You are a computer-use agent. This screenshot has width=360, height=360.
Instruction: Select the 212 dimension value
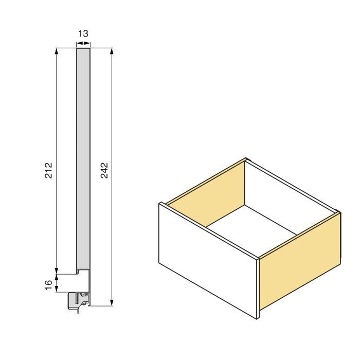tap(48, 170)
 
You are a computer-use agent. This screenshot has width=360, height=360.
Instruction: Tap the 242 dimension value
tap(104, 170)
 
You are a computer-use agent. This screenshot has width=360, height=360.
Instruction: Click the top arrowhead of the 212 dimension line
tap(56, 51)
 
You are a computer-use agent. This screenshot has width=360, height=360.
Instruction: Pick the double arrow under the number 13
tap(83, 43)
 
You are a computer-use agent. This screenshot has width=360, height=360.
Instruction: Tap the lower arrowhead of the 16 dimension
tap(56, 289)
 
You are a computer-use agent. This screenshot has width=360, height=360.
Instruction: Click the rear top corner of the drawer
tap(246, 159)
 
